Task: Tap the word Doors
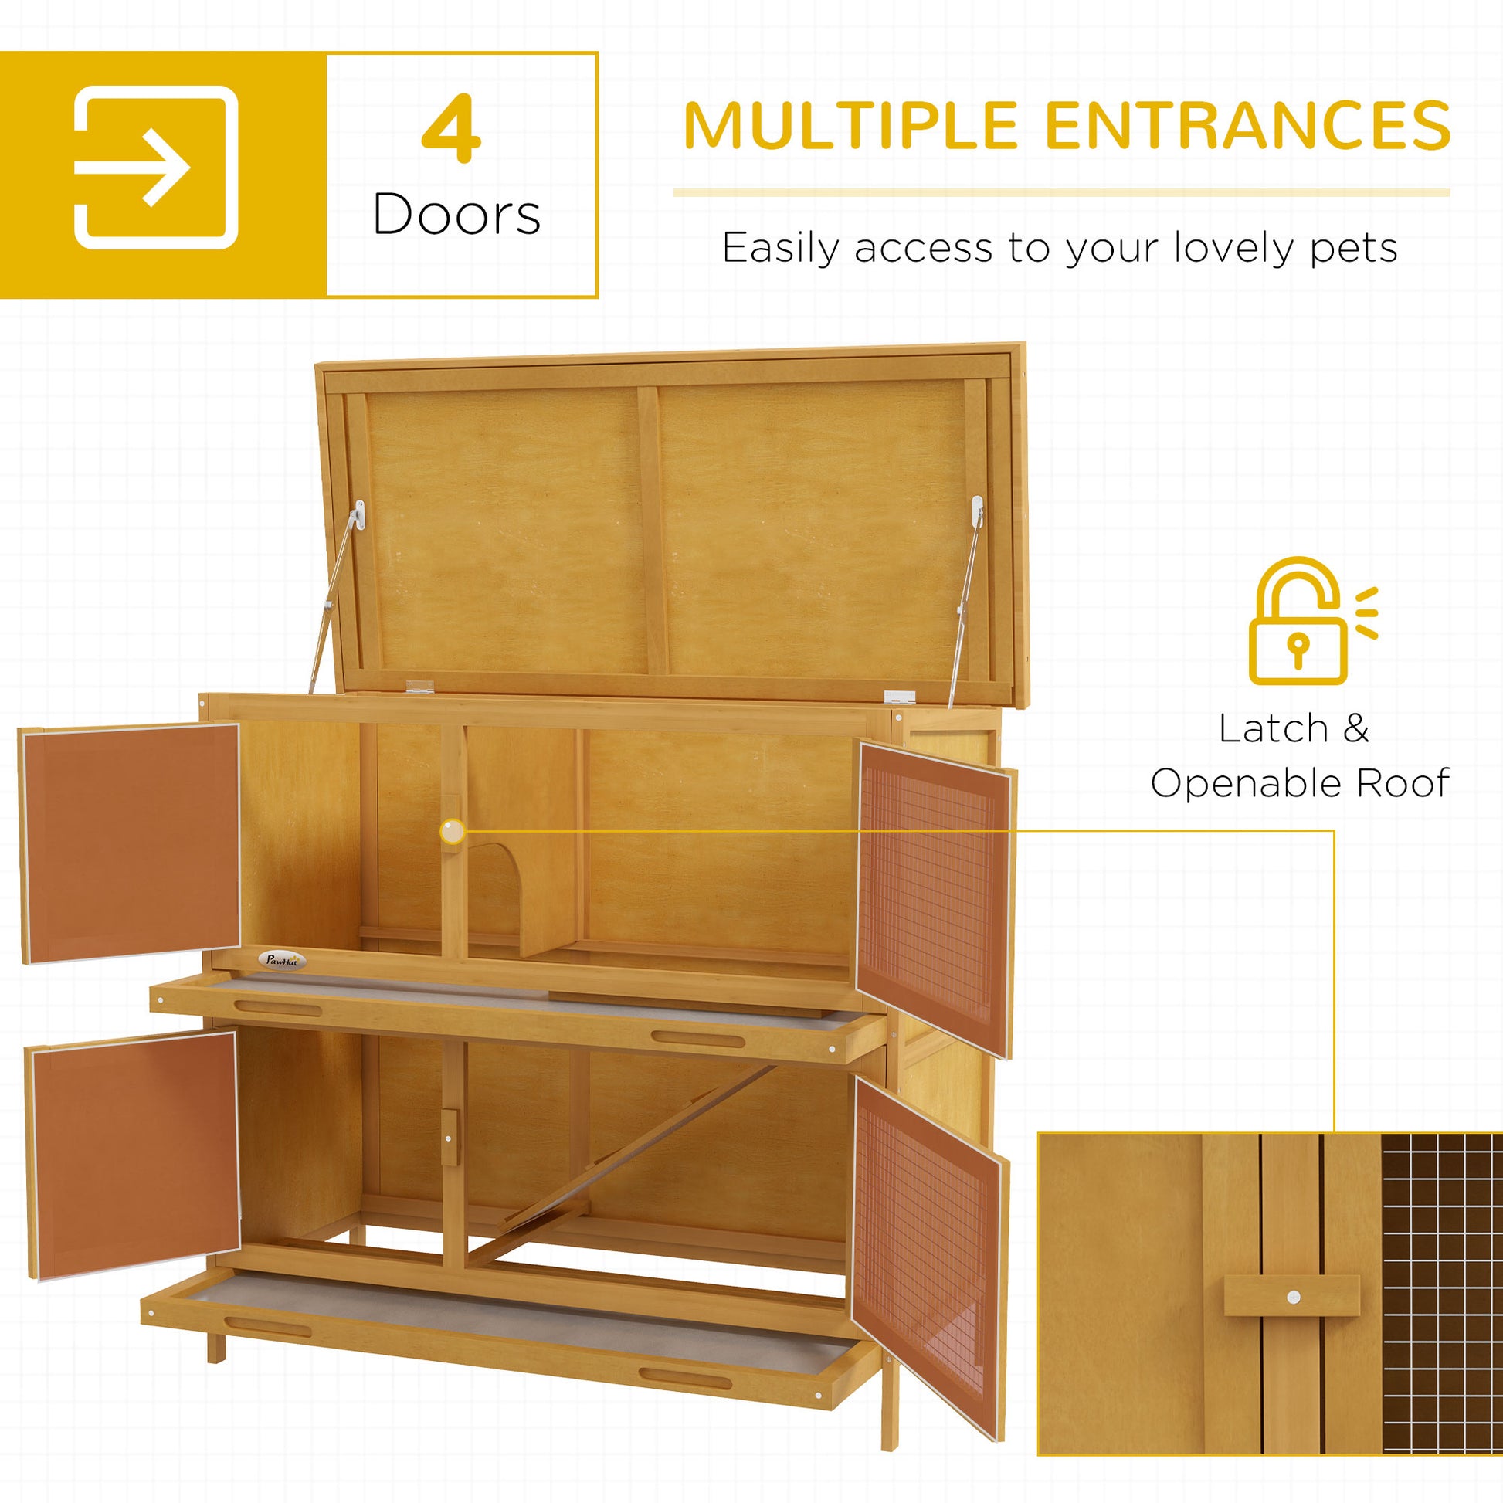point(456,215)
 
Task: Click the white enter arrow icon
point(155,168)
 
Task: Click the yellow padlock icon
point(1297,623)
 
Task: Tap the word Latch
point(1273,729)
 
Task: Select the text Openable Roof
point(1300,783)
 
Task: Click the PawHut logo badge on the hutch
point(283,961)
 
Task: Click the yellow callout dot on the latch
point(452,832)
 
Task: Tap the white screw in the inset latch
point(1293,1297)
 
